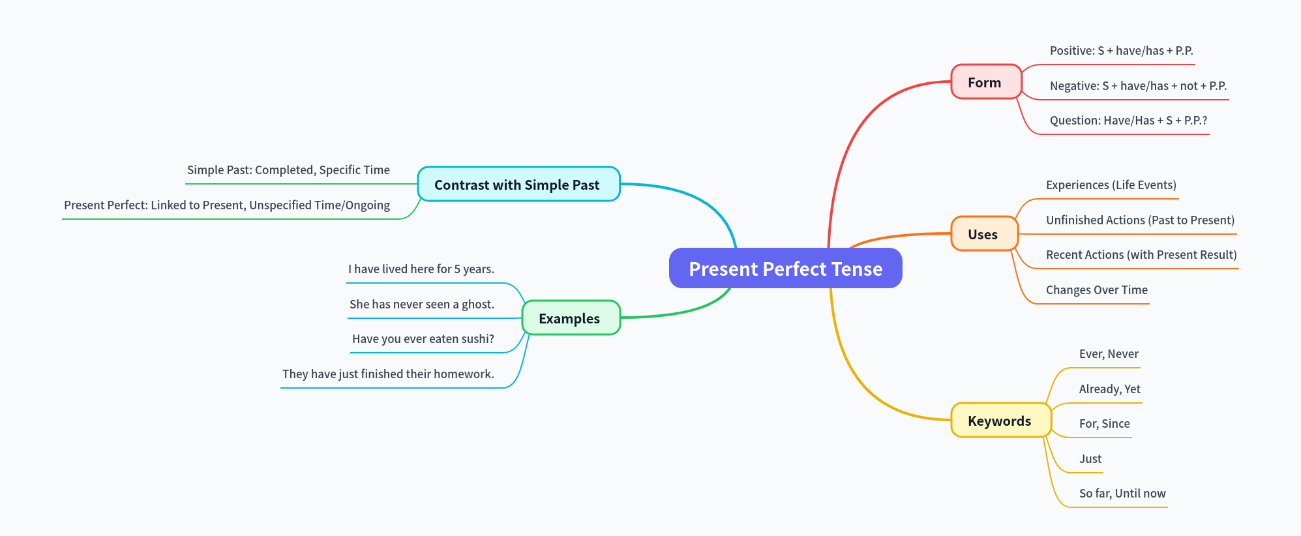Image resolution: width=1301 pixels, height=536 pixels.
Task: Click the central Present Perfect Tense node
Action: click(x=785, y=268)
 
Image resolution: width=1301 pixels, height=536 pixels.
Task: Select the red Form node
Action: click(x=985, y=82)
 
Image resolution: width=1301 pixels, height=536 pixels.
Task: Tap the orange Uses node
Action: click(x=983, y=234)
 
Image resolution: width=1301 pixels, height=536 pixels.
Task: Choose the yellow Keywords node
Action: click(x=1000, y=421)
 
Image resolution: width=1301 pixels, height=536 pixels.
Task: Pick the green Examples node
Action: click(x=570, y=318)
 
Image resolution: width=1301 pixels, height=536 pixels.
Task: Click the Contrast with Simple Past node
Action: click(x=518, y=185)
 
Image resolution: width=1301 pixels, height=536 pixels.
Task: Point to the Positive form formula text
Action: click(x=1121, y=51)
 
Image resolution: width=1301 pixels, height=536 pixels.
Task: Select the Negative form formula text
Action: click(x=1138, y=86)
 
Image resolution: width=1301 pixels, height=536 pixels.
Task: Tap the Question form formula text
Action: click(x=1128, y=121)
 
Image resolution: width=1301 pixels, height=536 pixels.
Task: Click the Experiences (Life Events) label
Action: click(x=1111, y=185)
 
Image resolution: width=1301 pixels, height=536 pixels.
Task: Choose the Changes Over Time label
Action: click(x=1096, y=290)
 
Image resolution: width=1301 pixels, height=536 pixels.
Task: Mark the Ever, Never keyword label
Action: click(x=1109, y=354)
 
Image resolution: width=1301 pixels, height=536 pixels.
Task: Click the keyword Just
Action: click(x=1090, y=459)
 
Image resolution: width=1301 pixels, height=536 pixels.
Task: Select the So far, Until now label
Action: click(x=1122, y=494)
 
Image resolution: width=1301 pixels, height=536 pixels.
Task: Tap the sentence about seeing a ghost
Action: click(x=421, y=305)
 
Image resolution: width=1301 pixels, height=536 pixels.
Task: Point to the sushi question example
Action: click(x=423, y=339)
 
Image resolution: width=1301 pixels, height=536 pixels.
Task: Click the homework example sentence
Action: click(x=388, y=374)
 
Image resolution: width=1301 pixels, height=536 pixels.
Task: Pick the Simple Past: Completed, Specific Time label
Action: click(x=288, y=170)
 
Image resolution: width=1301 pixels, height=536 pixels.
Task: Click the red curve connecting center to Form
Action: click(x=848, y=143)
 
